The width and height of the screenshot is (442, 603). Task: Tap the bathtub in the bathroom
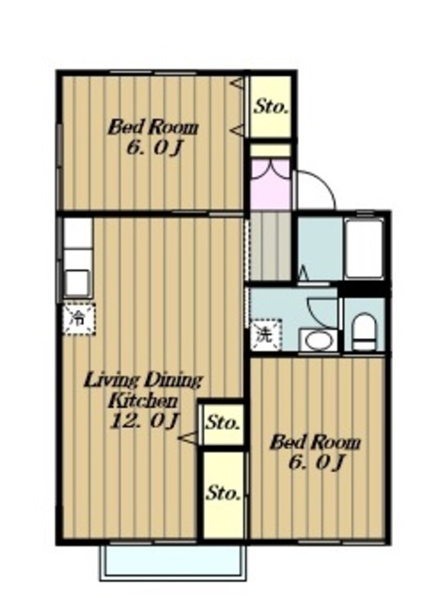point(364,248)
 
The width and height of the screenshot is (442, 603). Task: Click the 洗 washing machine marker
point(266,335)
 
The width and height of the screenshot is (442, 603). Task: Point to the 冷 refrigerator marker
point(79,318)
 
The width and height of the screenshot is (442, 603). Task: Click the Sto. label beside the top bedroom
point(270,106)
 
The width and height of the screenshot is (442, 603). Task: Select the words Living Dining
point(143,381)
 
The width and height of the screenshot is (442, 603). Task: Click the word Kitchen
point(143,401)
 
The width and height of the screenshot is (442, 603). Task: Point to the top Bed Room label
point(153,127)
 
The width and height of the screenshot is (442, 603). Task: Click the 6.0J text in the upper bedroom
point(154,148)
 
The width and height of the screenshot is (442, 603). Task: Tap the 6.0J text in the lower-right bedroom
point(316,463)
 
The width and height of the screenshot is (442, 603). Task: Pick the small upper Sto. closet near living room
point(222,423)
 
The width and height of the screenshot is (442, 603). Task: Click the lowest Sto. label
point(224,494)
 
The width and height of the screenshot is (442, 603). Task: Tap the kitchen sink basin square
point(77,283)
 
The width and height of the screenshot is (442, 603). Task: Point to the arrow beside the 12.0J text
point(188,438)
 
